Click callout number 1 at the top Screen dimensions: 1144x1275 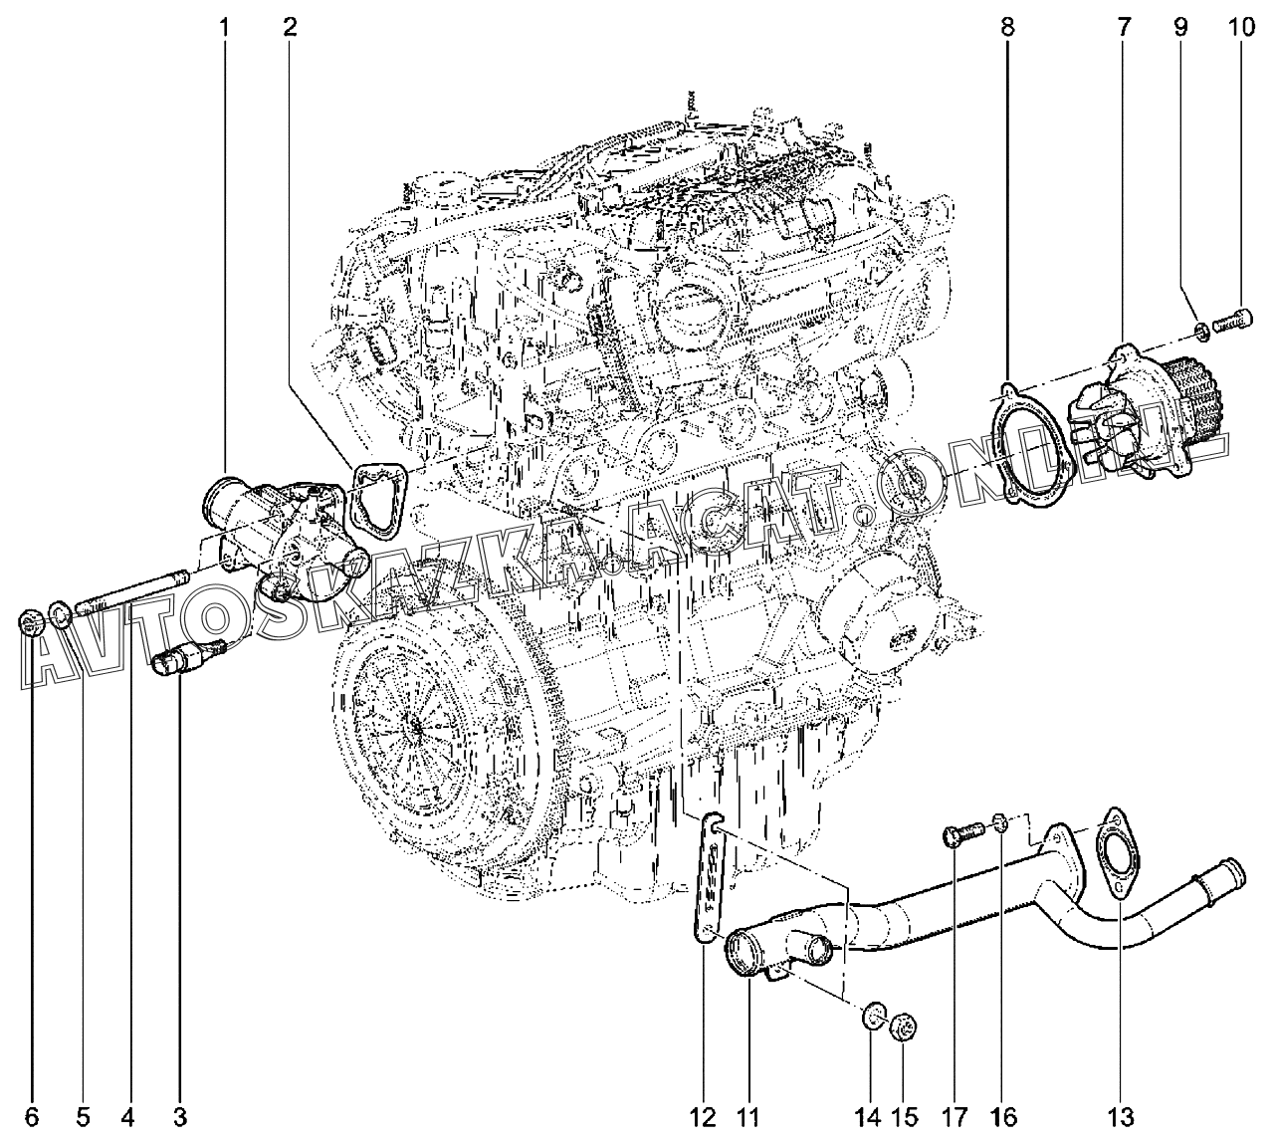pyautogui.click(x=224, y=28)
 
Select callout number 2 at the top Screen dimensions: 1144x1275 pyautogui.click(x=290, y=28)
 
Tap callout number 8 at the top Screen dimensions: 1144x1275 pyautogui.click(x=1008, y=28)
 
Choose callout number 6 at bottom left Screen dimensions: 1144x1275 pyautogui.click(x=32, y=1118)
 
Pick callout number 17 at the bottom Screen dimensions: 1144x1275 pyautogui.click(x=955, y=1118)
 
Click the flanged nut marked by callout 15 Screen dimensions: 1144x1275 pyautogui.click(x=904, y=1024)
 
